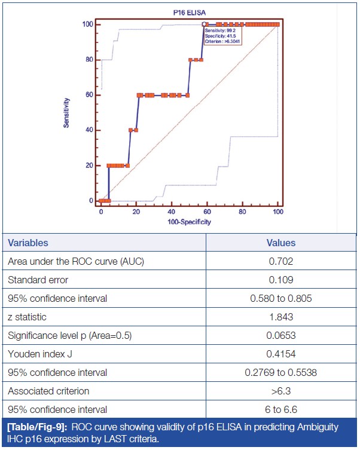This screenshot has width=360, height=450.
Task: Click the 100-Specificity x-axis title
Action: pos(189,222)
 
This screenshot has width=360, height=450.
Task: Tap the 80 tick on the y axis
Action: pos(88,60)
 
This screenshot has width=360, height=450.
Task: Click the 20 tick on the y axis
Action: pos(88,166)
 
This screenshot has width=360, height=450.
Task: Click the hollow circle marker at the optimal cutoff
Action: pos(204,25)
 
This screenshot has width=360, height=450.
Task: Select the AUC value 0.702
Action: pos(280,261)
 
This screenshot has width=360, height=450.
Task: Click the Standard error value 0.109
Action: pos(280,280)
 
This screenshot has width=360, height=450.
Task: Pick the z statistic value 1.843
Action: pos(280,317)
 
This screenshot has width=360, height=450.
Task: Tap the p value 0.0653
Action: pos(280,335)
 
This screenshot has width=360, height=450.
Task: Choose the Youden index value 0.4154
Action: pos(280,354)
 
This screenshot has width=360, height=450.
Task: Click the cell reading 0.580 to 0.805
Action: pos(280,298)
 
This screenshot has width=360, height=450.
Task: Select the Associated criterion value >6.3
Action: pos(280,391)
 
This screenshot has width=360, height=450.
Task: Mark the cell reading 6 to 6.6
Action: pos(280,409)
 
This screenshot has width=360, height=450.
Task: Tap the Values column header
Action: pos(280,243)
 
